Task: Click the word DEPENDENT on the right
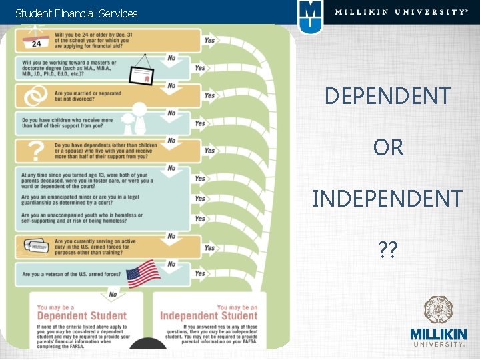tap(387, 97)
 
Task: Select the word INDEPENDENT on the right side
tap(387, 199)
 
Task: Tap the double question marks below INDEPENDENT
tap(387, 249)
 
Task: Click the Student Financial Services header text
tap(76, 13)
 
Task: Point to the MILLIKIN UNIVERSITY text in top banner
tap(401, 12)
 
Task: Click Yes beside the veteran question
tap(200, 274)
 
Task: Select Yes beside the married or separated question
tap(209, 96)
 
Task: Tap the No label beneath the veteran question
tap(113, 293)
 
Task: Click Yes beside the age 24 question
tap(209, 41)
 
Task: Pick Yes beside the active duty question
tap(209, 248)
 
